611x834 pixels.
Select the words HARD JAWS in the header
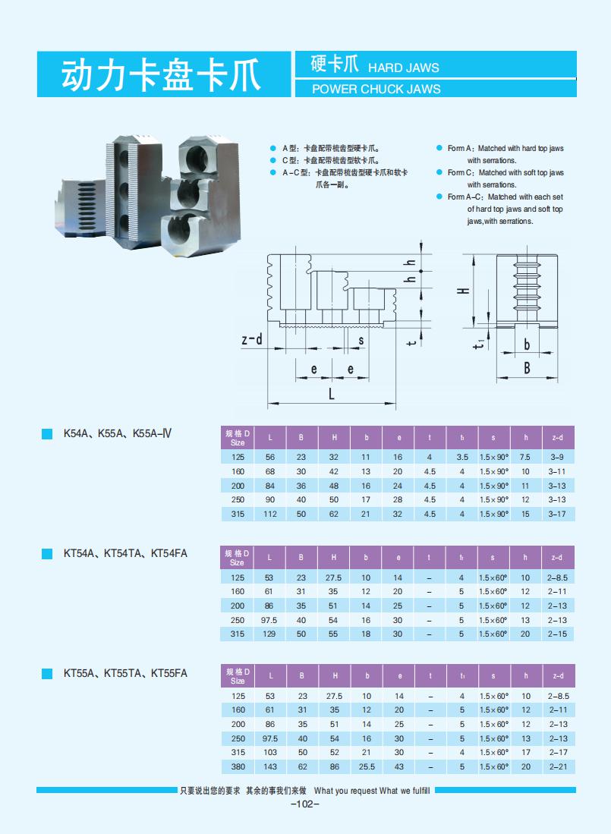403,68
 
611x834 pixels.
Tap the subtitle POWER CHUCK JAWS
376,89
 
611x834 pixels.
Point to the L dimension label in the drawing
332,394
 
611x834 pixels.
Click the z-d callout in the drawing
251,339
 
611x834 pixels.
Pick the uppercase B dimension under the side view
526,368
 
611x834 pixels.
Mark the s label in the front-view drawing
361,341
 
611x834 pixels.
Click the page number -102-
305,804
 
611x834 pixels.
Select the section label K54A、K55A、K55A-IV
118,434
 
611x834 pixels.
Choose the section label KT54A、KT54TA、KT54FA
125,553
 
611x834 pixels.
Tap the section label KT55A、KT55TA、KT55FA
125,672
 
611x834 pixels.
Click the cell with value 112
269,514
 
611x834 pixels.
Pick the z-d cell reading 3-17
556,514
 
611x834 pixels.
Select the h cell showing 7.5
524,458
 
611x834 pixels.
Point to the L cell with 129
269,634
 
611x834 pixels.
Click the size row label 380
238,766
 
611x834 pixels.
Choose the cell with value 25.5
367,766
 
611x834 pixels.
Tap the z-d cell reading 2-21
556,766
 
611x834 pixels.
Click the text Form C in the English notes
460,173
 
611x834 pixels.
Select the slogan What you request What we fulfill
371,791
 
